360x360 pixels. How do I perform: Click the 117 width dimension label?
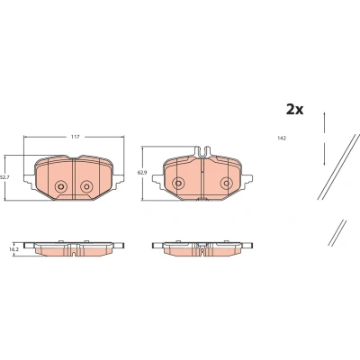click(75, 137)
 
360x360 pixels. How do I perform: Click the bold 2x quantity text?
click(294, 110)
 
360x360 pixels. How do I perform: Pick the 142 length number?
click(282, 139)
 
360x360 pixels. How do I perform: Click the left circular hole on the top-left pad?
click(61, 186)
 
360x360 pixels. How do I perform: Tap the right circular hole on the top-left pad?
click(86, 186)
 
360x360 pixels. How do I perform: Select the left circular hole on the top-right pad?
click(178, 183)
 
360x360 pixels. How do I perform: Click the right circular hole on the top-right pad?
click(226, 183)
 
